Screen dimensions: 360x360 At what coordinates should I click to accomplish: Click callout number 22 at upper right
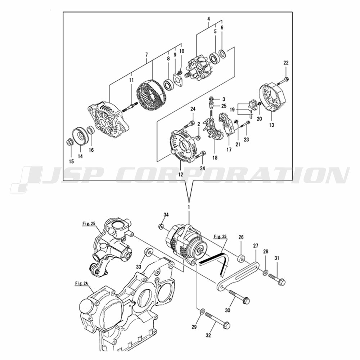click(286, 63)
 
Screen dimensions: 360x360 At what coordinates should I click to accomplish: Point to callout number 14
click(80, 157)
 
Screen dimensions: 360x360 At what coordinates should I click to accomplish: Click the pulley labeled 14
click(81, 136)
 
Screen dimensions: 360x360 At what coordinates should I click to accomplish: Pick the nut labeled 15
click(69, 142)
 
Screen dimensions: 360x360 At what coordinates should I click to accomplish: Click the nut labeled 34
click(162, 226)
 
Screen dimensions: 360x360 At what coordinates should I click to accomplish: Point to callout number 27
click(256, 246)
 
